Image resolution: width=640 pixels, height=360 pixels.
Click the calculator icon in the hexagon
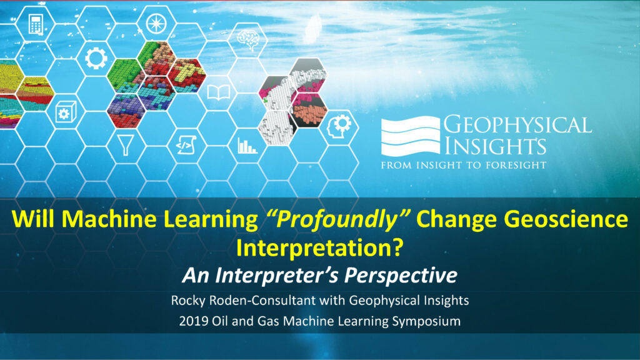pyautogui.click(x=36, y=24)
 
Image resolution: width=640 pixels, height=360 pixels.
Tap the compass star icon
pyautogui.click(x=156, y=23)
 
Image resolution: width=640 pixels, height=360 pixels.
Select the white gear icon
pyautogui.click(x=96, y=58)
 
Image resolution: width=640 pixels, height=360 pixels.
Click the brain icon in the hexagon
pyautogui.click(x=249, y=39)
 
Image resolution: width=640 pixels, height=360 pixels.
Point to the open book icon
pyautogui.click(x=219, y=93)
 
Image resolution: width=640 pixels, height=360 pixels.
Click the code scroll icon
pyautogui.click(x=186, y=145)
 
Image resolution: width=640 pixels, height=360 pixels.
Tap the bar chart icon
pyautogui.click(x=247, y=146)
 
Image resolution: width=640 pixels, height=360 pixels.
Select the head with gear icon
pyautogui.click(x=339, y=127)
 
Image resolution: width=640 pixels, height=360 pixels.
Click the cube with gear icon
pyautogui.click(x=66, y=112)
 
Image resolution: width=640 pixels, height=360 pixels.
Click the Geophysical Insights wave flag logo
pyautogui.click(x=411, y=136)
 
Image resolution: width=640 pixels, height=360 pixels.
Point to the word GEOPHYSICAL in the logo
pyautogui.click(x=517, y=125)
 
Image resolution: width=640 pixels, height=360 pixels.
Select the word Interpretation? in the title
pyautogui.click(x=320, y=247)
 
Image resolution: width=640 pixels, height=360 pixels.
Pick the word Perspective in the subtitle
pyautogui.click(x=401, y=275)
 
